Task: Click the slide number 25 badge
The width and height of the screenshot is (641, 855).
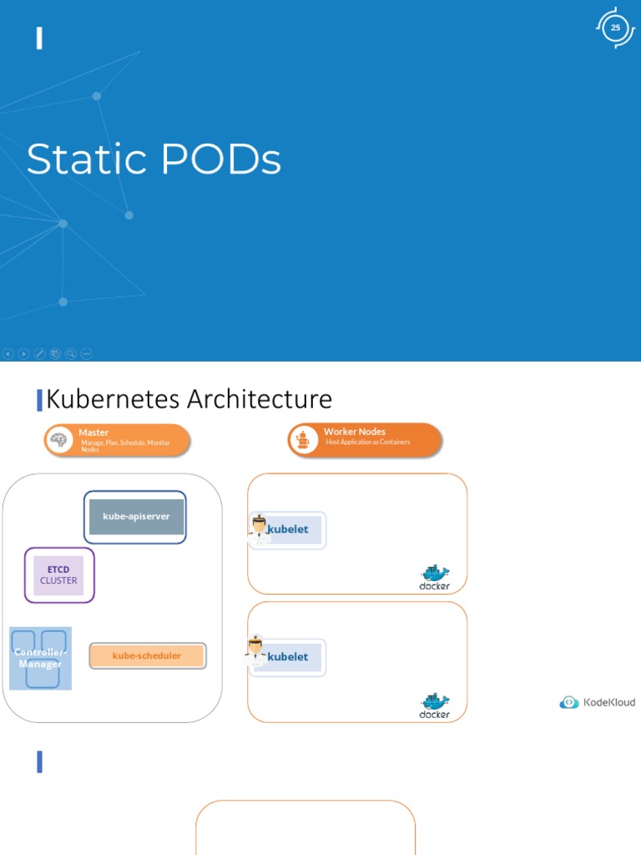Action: pos(615,28)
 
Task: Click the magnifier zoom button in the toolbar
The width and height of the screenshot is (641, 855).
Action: pos(71,354)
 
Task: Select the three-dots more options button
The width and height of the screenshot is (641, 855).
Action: pos(87,354)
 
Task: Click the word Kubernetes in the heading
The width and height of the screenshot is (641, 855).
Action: pos(114,399)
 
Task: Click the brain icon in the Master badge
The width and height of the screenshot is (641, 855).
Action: pos(60,441)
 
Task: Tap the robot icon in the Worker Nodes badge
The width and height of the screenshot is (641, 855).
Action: pos(303,440)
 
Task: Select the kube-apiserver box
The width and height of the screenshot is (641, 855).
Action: pos(135,517)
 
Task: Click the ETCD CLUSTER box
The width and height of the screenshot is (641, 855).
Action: pos(58,575)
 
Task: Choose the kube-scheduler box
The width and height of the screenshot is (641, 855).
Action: pos(147,656)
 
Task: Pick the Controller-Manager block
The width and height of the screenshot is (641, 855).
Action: pos(40,658)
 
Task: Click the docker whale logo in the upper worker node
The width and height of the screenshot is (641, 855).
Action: pos(434,574)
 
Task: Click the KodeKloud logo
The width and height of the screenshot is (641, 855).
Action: pos(597,702)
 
